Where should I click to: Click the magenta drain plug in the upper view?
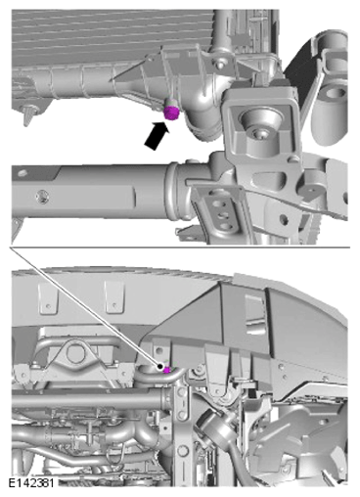(171, 113)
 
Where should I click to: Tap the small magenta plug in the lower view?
(167, 370)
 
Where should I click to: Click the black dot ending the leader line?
(160, 367)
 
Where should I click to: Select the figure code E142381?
(31, 482)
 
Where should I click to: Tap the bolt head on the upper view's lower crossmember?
(42, 197)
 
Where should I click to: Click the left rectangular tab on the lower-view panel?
(48, 298)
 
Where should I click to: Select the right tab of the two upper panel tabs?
(114, 297)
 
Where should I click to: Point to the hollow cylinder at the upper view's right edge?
(332, 107)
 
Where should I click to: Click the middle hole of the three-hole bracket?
(223, 215)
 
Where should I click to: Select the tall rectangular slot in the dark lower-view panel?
(255, 314)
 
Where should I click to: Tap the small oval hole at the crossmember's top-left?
(22, 172)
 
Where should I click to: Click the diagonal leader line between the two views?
(85, 307)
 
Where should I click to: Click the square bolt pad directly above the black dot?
(158, 351)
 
